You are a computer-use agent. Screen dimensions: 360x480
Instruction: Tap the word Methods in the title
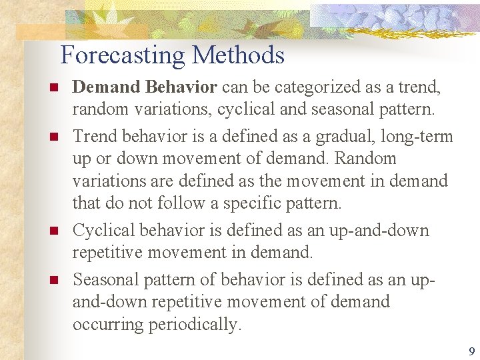239,55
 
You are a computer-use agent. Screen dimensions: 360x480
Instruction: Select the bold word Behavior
183,87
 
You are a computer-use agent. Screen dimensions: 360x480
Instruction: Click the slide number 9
472,352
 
